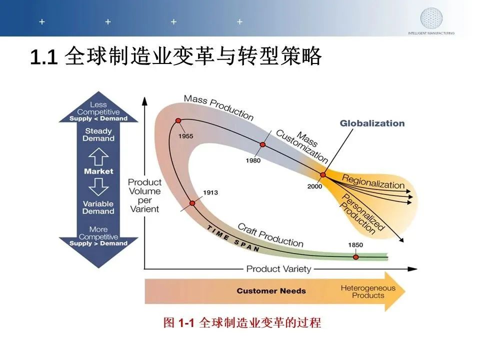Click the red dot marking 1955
(x=178, y=120)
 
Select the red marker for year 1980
(x=262, y=144)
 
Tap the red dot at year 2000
(x=323, y=175)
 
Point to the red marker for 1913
(x=192, y=203)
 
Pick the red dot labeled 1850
(x=355, y=257)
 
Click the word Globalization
(x=372, y=123)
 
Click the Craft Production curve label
(x=270, y=235)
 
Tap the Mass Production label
(x=218, y=107)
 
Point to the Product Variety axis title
(x=278, y=269)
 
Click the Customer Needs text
(x=271, y=291)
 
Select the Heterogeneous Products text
(x=368, y=291)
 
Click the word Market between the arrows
(x=98, y=171)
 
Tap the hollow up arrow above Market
(x=98, y=156)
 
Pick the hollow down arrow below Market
(x=98, y=186)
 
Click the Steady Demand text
(x=98, y=134)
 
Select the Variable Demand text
(x=98, y=207)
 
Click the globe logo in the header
(x=431, y=18)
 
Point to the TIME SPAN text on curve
(x=233, y=239)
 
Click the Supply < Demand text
(x=98, y=118)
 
